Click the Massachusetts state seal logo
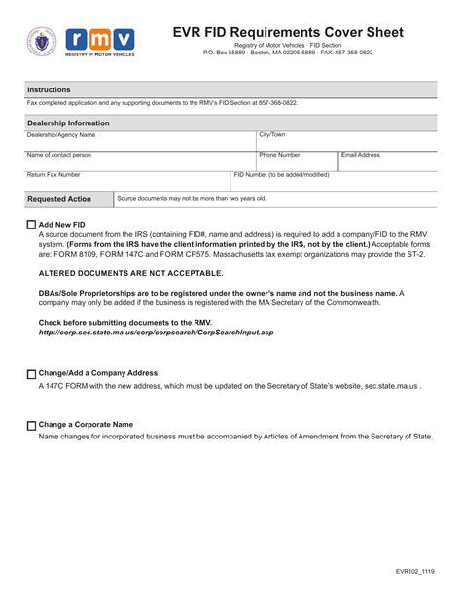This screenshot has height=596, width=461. tap(41, 42)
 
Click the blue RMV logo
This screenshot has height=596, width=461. tap(97, 42)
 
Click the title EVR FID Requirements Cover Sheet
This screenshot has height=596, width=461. tap(288, 32)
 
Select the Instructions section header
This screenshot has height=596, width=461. tap(49, 89)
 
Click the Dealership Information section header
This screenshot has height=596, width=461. tap(68, 123)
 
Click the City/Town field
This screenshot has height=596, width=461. tap(345, 142)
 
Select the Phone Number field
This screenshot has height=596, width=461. tap(296, 161)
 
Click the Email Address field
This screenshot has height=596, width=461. tap(386, 161)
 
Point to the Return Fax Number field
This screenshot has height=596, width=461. tap(126, 182)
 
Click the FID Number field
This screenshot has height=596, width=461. tap(333, 182)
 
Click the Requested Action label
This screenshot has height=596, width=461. tap(59, 199)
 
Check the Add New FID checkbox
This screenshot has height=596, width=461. tap(31, 225)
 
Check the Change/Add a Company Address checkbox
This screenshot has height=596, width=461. tap(31, 374)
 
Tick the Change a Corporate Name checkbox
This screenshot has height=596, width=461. tap(31, 426)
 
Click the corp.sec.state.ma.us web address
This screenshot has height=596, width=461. tap(156, 333)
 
